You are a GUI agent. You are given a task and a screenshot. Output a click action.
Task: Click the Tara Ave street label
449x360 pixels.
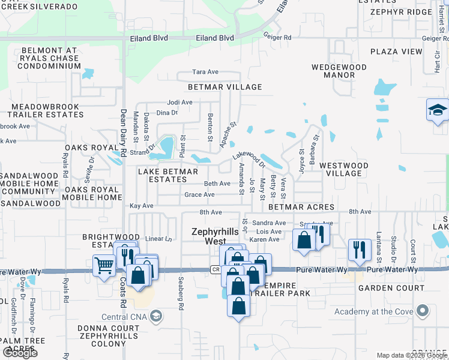205,72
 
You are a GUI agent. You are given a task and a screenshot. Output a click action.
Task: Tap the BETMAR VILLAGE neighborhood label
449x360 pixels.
225,87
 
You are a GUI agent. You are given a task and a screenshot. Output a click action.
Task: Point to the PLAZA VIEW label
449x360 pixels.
396,52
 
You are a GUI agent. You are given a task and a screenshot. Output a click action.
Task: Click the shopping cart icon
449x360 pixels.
104,264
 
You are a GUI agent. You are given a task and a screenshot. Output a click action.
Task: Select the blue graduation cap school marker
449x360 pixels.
438,109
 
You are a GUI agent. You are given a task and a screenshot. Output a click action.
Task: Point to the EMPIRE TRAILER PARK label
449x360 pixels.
279,293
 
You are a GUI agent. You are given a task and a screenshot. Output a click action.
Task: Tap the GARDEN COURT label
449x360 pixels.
383,288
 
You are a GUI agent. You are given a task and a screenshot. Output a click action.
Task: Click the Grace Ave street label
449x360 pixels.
199,195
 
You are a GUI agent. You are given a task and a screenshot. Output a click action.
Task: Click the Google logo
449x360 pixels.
20,353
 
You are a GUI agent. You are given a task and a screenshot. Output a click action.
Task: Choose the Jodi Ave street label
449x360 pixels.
179,102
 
